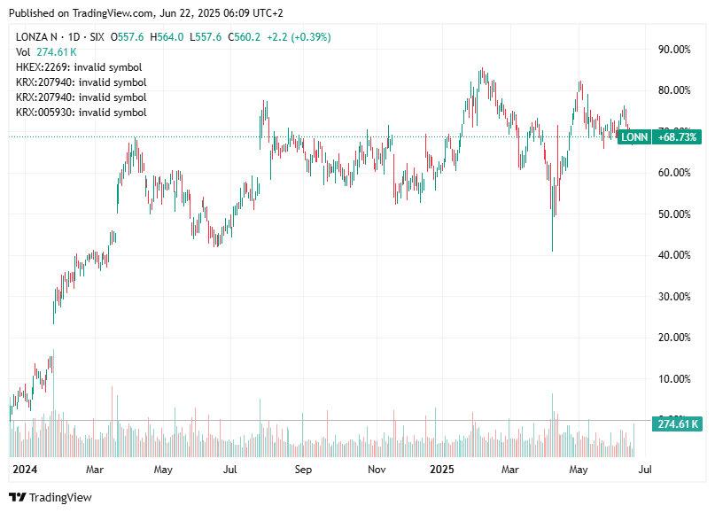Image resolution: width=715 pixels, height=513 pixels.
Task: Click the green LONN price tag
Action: [x=633, y=136]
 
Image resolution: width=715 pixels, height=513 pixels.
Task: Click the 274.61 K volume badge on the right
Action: [x=678, y=424]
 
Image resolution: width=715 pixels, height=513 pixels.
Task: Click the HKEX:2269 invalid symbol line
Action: [x=79, y=67]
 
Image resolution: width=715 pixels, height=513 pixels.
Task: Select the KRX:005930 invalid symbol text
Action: [x=81, y=113]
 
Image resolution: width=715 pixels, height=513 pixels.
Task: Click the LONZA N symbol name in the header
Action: [x=39, y=36]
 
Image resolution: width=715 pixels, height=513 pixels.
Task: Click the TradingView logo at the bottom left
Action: [x=51, y=497]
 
